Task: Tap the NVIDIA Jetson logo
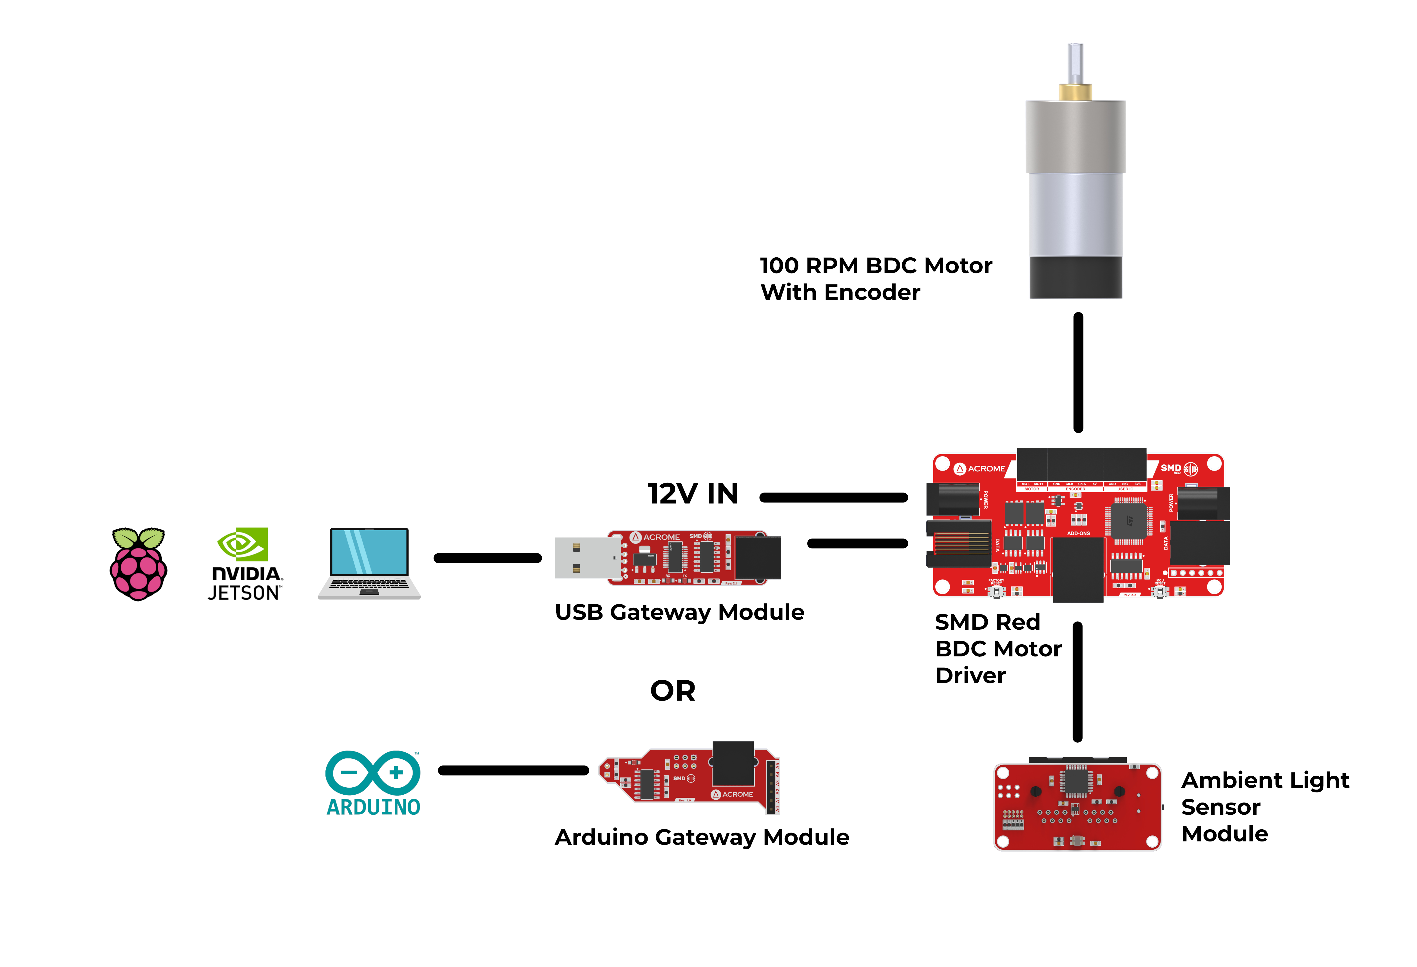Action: click(245, 564)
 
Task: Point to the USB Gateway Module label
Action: click(679, 612)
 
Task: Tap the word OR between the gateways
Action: click(673, 691)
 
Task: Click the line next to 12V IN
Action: click(833, 498)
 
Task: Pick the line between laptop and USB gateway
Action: click(487, 558)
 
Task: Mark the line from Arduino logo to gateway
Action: click(513, 771)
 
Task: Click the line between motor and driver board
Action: click(1078, 372)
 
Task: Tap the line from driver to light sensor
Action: click(1077, 682)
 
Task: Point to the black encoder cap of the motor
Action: click(1075, 277)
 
